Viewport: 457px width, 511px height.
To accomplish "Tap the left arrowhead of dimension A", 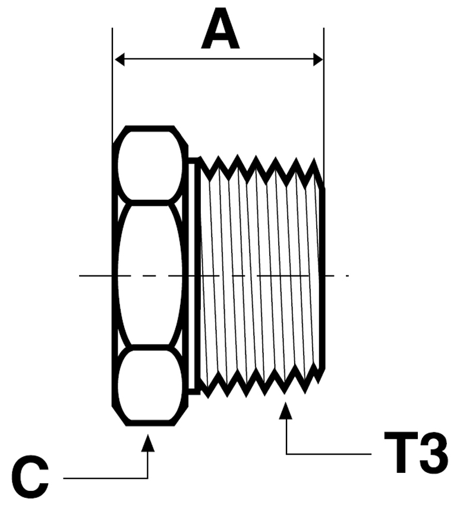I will [119, 59].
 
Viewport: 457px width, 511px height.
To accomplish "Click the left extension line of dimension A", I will [112, 89].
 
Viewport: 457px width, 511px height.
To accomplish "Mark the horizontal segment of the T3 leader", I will [333, 454].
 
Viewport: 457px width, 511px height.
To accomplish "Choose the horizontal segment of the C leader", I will [107, 478].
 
